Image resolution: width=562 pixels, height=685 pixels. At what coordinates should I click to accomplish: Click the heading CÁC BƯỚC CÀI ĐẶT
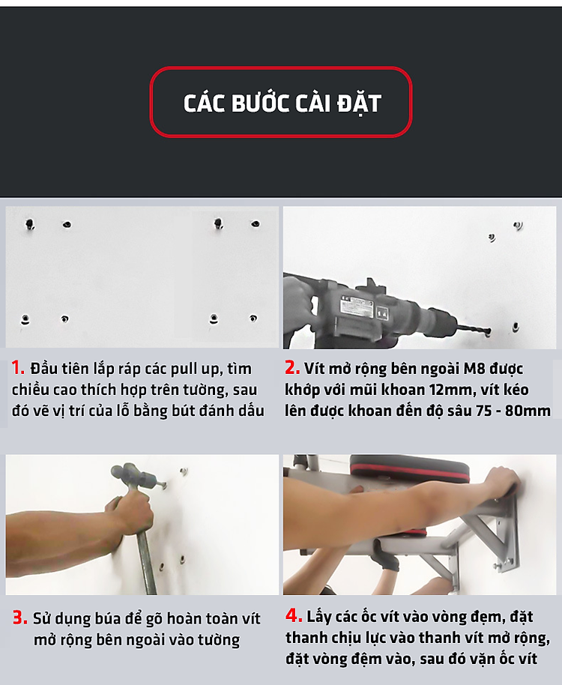point(282,103)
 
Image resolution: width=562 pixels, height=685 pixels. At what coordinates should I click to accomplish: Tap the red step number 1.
point(18,367)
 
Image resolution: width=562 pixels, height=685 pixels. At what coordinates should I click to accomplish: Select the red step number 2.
point(292,367)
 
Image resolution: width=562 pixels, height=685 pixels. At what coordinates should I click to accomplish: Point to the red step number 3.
point(20,618)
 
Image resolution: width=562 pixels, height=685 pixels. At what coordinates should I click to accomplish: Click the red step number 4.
point(294,615)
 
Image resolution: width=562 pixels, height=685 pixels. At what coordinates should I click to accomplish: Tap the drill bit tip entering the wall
point(487,332)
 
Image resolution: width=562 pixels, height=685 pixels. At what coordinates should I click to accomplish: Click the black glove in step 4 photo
point(386,554)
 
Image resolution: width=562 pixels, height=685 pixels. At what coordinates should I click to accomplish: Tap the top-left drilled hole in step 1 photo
point(30,225)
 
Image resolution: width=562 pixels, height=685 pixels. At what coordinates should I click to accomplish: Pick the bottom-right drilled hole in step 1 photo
point(253,319)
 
